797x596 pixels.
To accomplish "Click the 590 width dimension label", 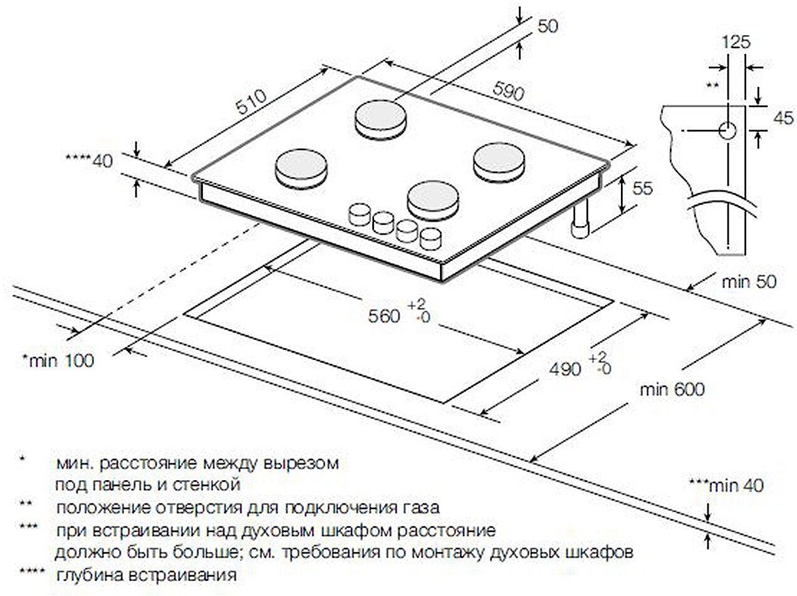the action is pyautogui.click(x=508, y=91).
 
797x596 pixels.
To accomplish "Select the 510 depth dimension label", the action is pyautogui.click(x=251, y=101).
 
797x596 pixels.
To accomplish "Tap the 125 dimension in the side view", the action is pyautogui.click(x=736, y=42).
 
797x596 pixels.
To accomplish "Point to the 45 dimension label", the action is pyautogui.click(x=783, y=118).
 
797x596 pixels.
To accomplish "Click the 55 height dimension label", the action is pyautogui.click(x=642, y=188).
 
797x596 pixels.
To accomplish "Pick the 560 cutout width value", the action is pyautogui.click(x=384, y=316).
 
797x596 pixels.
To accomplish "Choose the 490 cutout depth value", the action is pyautogui.click(x=565, y=369).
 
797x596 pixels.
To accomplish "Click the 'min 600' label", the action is pyautogui.click(x=672, y=389).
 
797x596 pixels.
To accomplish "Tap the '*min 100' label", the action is pyautogui.click(x=58, y=361).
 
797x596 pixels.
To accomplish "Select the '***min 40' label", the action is pyautogui.click(x=726, y=486).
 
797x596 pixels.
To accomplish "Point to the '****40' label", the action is pyautogui.click(x=90, y=161).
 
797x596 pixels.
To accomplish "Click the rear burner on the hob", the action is pyautogui.click(x=380, y=119).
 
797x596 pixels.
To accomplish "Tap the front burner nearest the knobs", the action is pyautogui.click(x=433, y=202).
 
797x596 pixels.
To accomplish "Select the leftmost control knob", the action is pyautogui.click(x=358, y=214).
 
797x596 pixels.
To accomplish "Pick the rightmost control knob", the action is pyautogui.click(x=431, y=239).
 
